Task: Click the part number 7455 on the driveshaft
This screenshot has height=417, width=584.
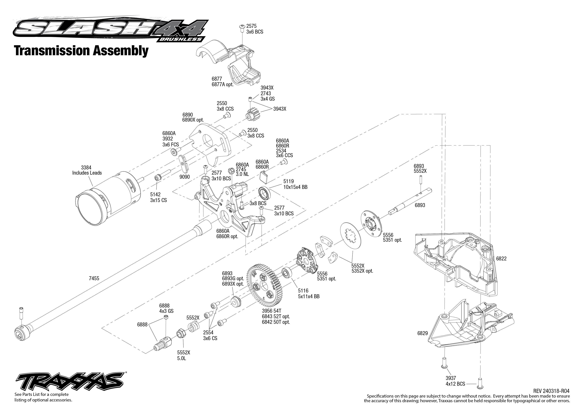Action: (94, 278)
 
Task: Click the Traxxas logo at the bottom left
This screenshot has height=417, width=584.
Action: (69, 381)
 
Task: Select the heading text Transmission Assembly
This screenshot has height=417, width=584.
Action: (81, 51)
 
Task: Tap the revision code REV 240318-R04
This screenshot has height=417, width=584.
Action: (551, 391)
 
